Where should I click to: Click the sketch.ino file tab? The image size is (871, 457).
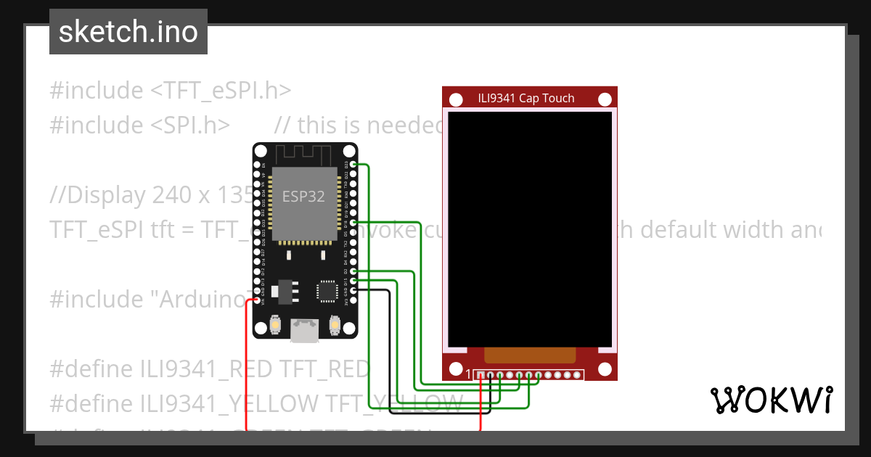(x=128, y=32)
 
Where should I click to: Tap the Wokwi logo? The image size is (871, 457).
(x=771, y=400)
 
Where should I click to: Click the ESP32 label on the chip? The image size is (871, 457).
(x=303, y=196)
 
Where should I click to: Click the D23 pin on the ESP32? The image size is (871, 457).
(x=353, y=165)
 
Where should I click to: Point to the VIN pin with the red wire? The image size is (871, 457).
(x=257, y=302)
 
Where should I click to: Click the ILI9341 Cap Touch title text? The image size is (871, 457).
(x=526, y=99)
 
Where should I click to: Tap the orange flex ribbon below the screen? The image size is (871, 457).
(x=530, y=355)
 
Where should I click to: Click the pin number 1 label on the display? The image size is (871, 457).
(x=468, y=374)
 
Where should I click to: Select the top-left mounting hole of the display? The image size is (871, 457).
(x=456, y=99)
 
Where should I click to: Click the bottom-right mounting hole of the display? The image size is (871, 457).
(x=604, y=369)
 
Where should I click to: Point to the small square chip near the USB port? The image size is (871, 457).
(x=326, y=291)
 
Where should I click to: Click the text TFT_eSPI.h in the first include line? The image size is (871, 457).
(x=227, y=91)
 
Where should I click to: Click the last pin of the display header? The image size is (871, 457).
(x=578, y=375)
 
